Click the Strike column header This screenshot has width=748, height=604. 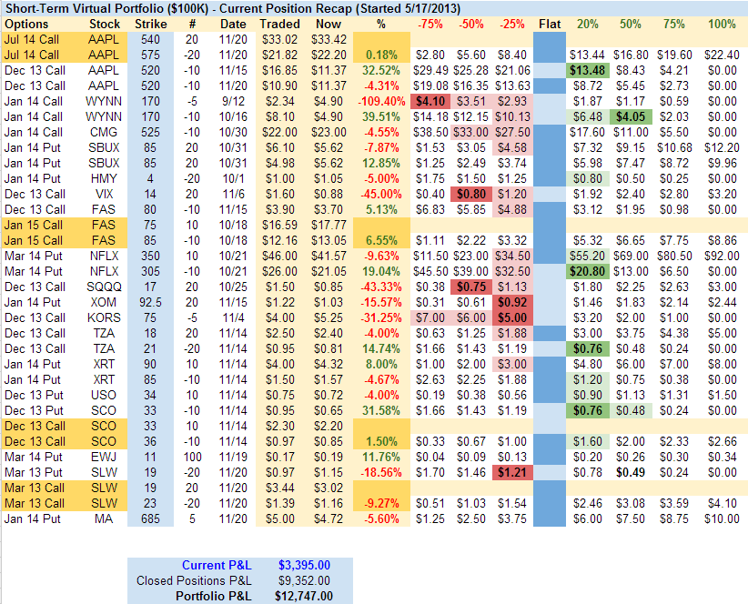pos(150,23)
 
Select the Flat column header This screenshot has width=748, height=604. pos(550,23)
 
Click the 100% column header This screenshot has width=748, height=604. pos(722,23)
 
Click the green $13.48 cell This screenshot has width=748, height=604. pos(588,70)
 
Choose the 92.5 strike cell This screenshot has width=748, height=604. pos(151,301)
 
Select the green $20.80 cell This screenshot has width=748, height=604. pos(588,270)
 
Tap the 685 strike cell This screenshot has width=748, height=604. pos(151,518)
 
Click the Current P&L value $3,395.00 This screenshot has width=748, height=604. pos(304,565)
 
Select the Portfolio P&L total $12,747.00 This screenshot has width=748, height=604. pos(304,596)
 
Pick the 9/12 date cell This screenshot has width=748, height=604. pos(233,100)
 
